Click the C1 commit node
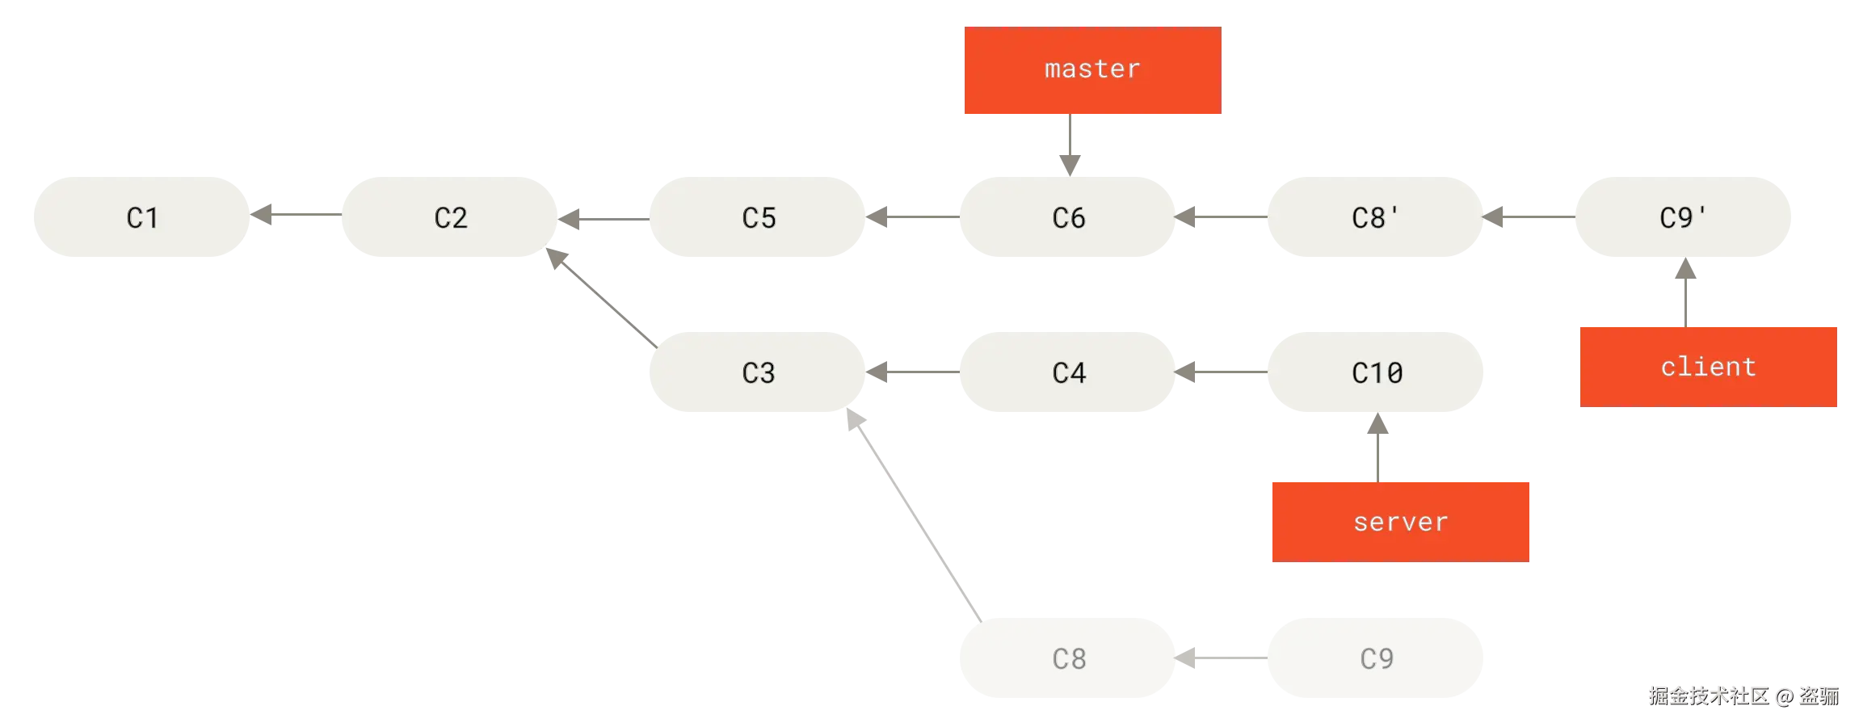tap(142, 216)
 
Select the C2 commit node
tap(451, 216)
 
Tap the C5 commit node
tap(758, 216)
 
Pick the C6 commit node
tap(1067, 216)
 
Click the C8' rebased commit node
tap(1376, 216)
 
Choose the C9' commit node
tap(1684, 216)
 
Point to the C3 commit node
tap(758, 372)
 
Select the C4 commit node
tap(1067, 372)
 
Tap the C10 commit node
tap(1376, 372)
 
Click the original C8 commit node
tap(1067, 658)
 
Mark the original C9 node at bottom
tap(1376, 658)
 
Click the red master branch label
tap(1091, 70)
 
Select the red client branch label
tap(1708, 366)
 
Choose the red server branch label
tap(1399, 521)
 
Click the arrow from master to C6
tap(1069, 144)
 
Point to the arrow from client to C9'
tap(1684, 292)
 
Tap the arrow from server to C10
tap(1377, 448)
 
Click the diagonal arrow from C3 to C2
tap(601, 296)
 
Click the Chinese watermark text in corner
tap(1743, 695)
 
